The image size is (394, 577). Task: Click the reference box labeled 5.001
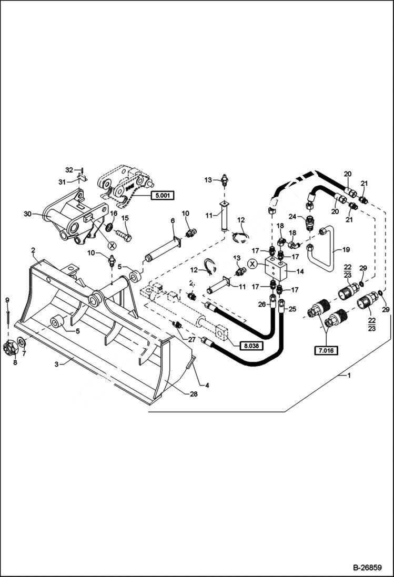pos(161,196)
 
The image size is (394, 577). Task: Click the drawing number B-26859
pos(370,568)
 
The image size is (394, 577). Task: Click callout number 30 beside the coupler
pos(27,214)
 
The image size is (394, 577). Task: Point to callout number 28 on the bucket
pos(193,394)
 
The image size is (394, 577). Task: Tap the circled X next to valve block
pos(252,264)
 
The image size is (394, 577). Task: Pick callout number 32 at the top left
pos(68,169)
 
